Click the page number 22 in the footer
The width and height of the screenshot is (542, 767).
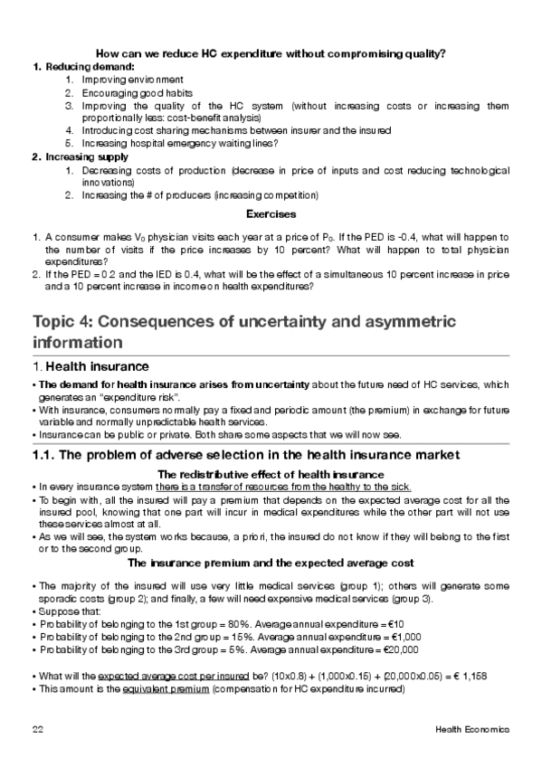point(36,729)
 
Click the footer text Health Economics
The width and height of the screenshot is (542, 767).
point(472,729)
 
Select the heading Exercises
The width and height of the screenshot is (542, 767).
point(271,215)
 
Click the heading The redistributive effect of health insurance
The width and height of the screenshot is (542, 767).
point(271,474)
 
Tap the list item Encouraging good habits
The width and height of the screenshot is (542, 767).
point(137,92)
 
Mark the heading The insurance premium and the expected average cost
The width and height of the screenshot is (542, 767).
point(271,562)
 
